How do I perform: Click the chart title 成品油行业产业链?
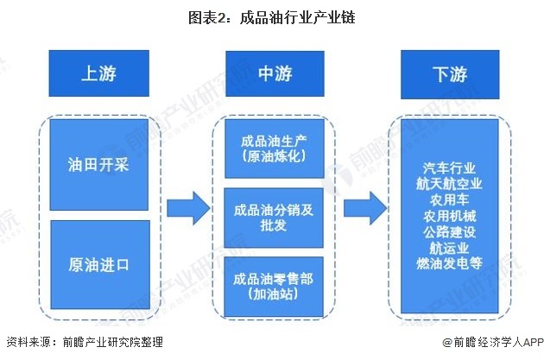click(x=271, y=16)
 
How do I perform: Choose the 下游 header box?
click(x=449, y=73)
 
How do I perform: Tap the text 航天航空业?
click(x=449, y=184)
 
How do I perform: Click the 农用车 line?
click(x=449, y=199)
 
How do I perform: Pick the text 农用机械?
click(x=449, y=215)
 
